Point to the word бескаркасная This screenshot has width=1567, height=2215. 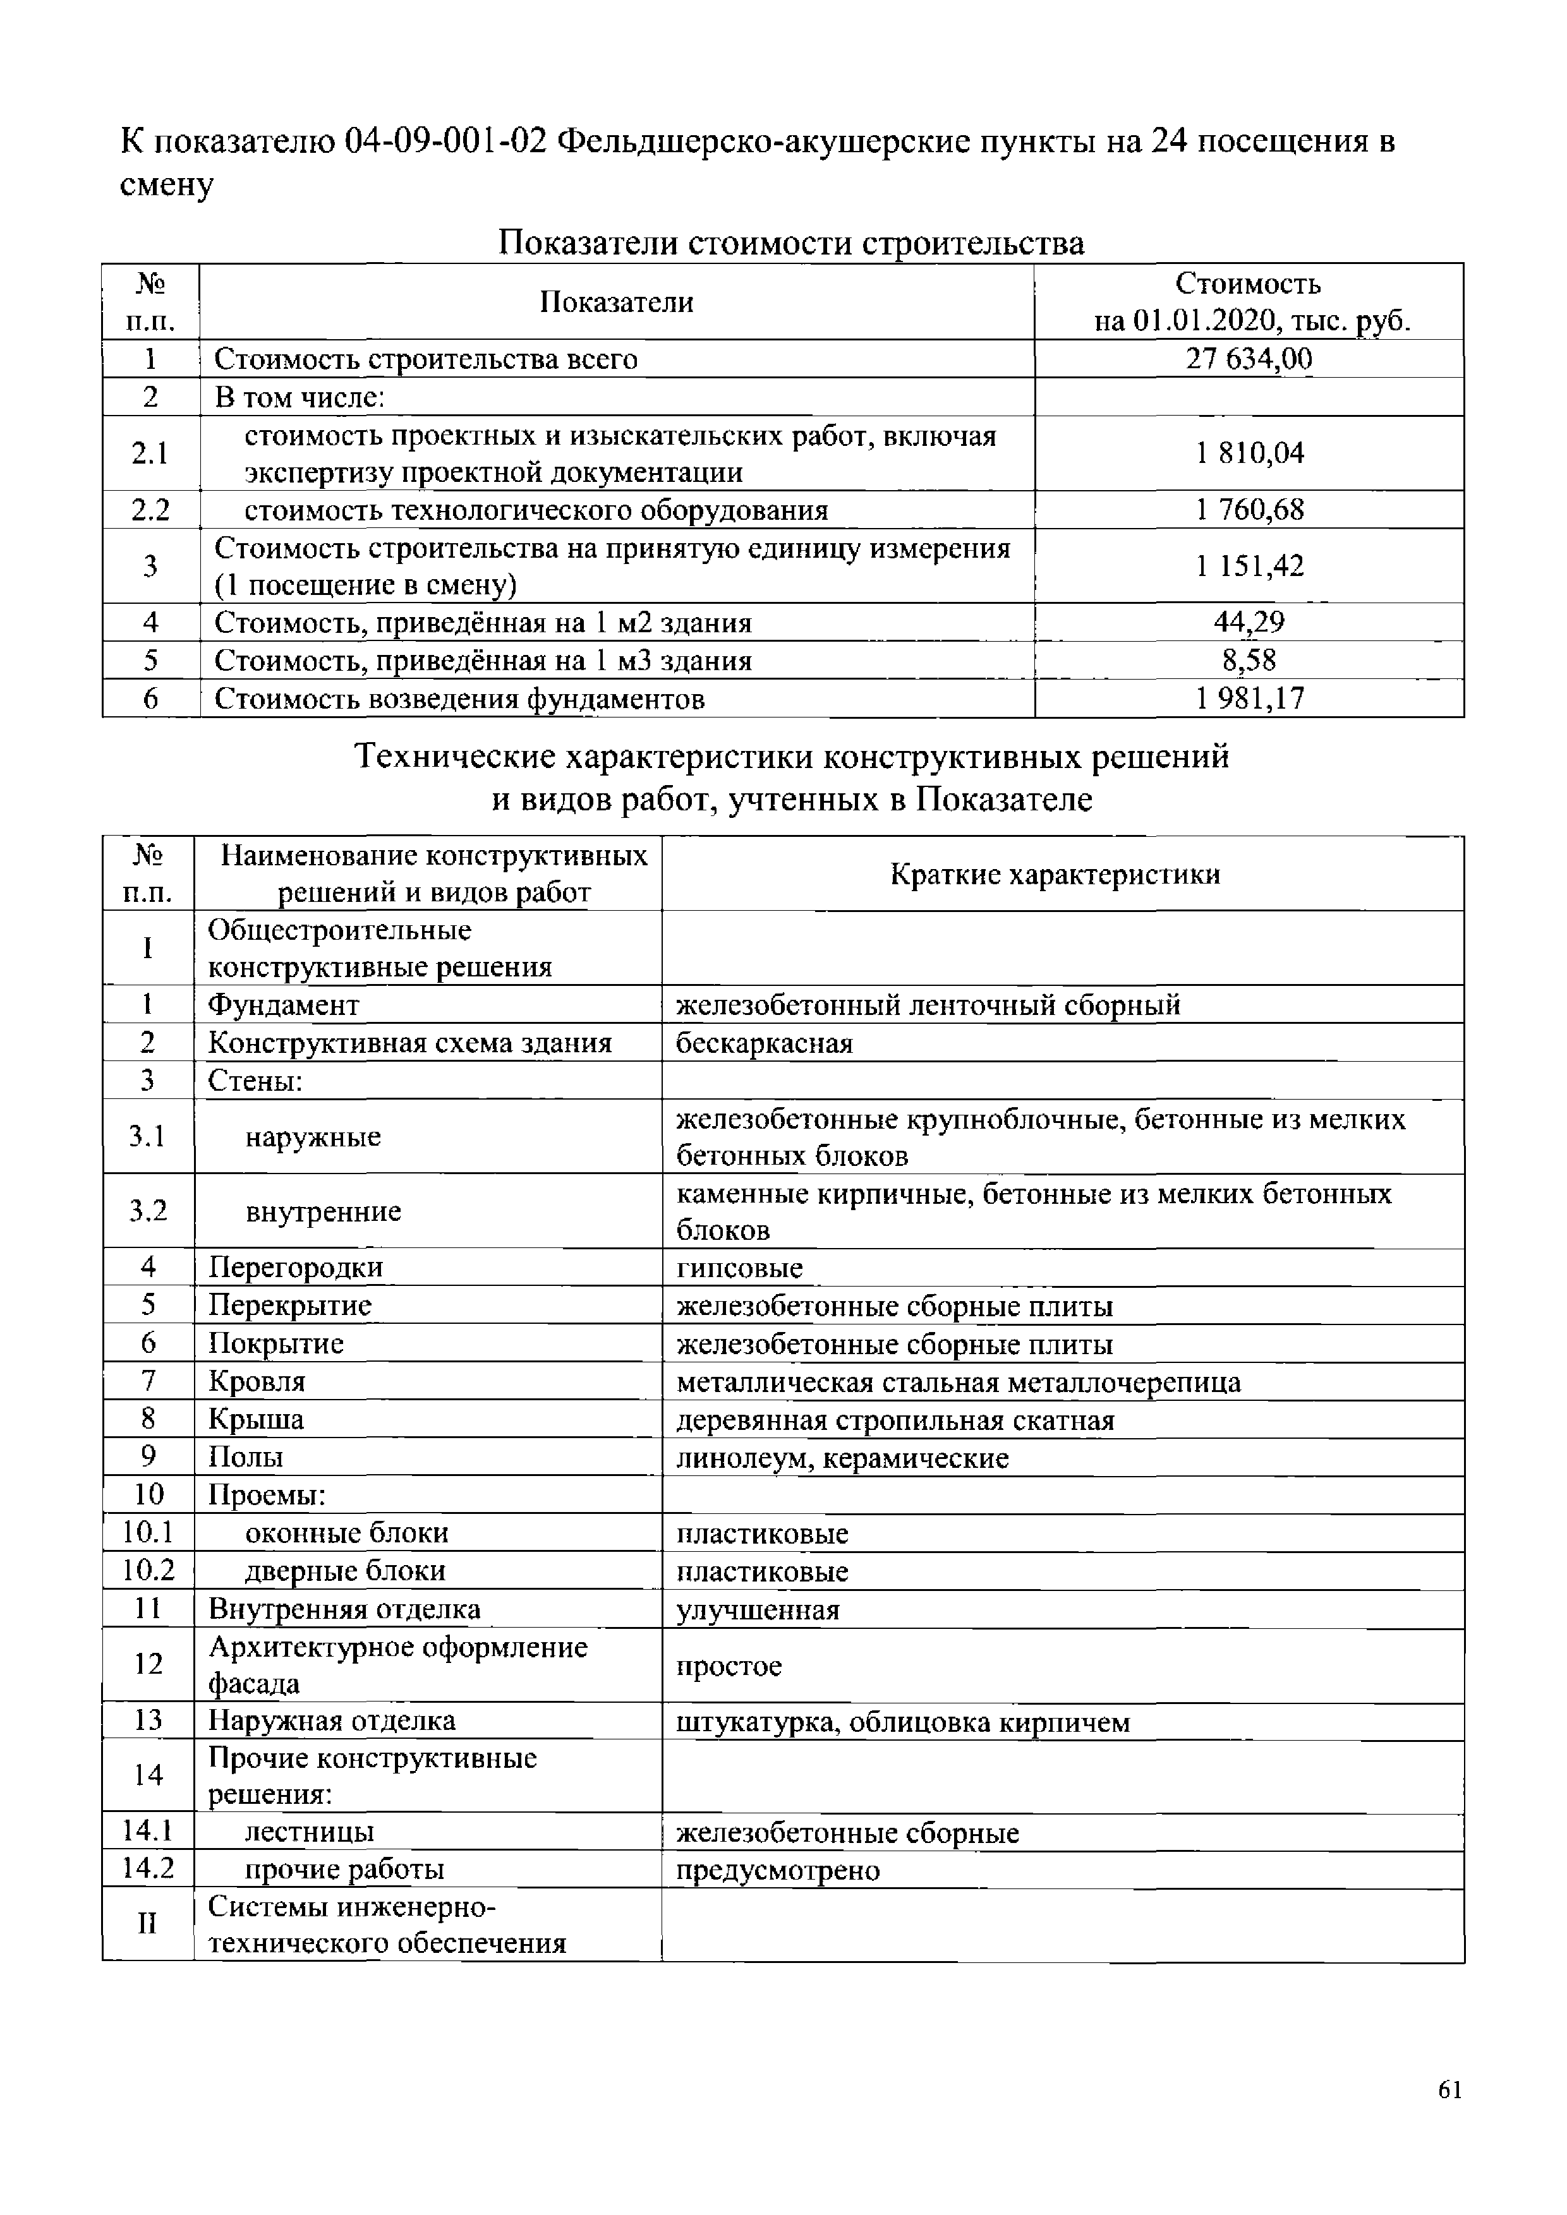(x=764, y=1043)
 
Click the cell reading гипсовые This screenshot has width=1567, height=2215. (x=739, y=1268)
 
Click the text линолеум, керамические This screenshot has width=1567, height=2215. (x=842, y=1458)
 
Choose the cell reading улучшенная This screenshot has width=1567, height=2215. (x=758, y=1610)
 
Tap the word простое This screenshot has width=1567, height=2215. (x=729, y=1666)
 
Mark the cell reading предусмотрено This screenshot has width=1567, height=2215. (x=778, y=1871)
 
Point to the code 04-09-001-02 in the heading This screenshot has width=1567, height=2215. (x=446, y=143)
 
